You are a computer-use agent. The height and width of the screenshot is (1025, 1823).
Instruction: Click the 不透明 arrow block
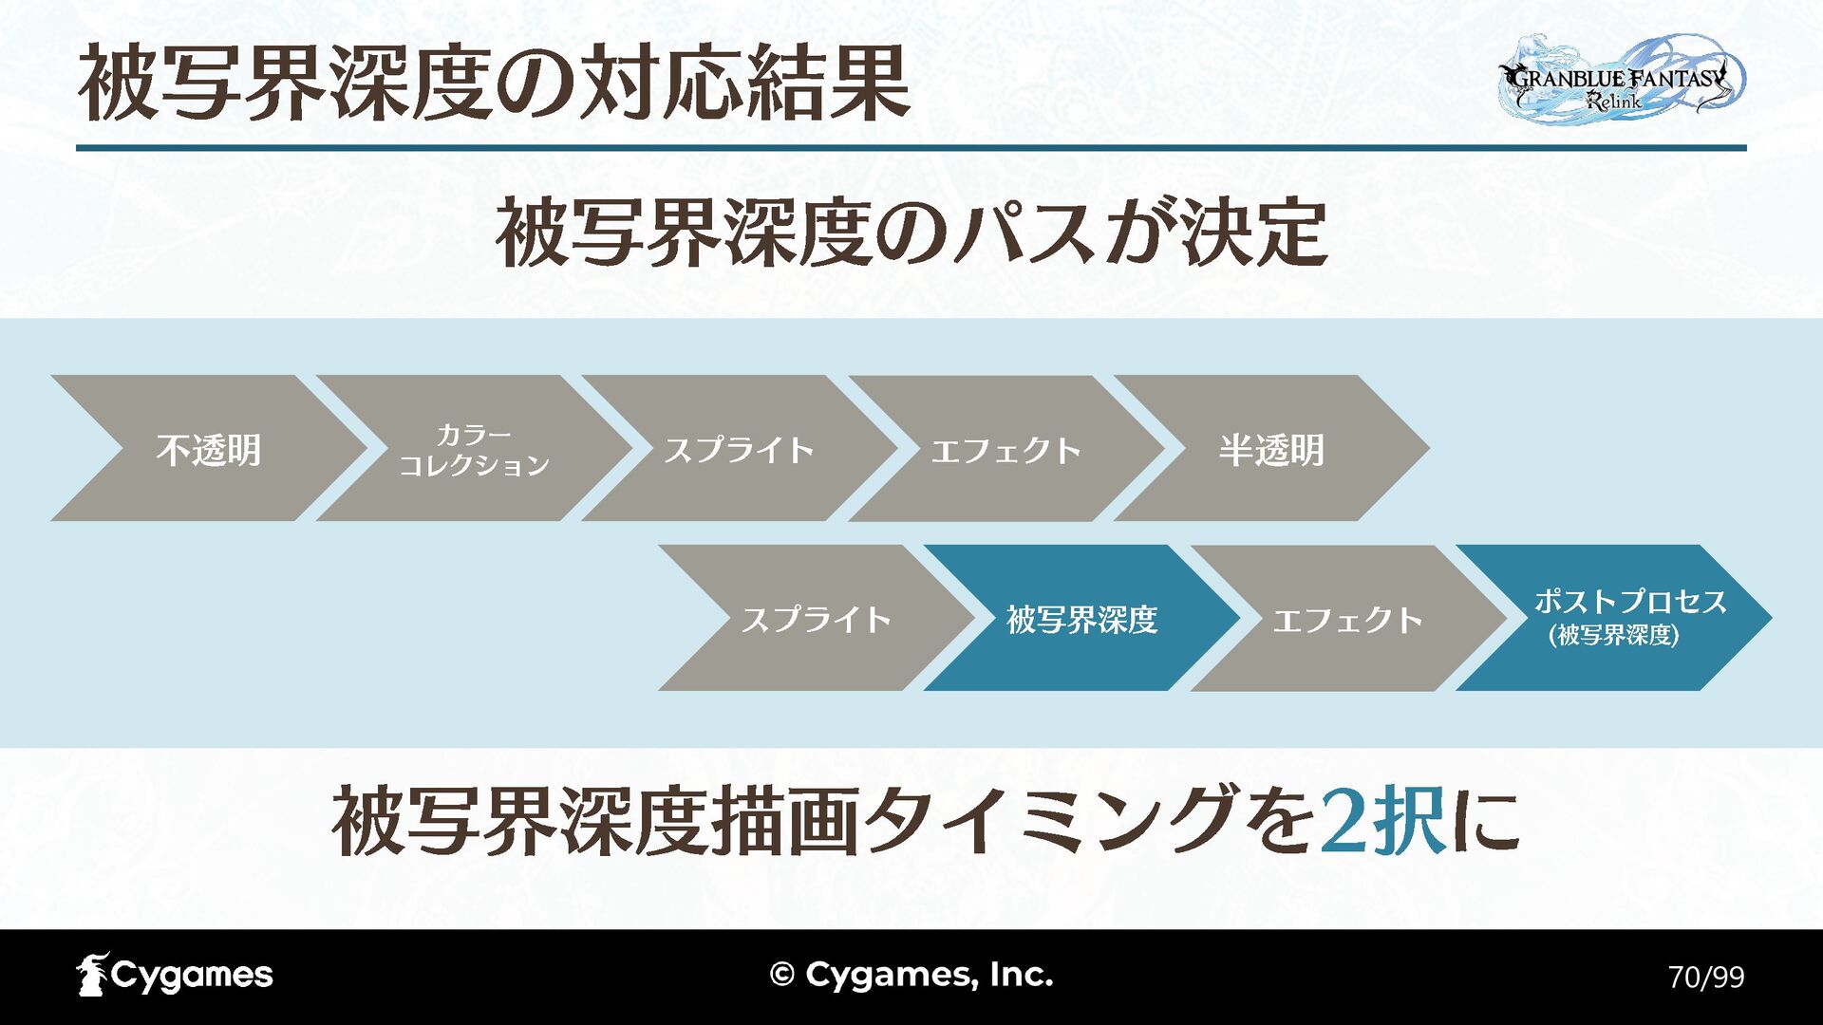(x=209, y=449)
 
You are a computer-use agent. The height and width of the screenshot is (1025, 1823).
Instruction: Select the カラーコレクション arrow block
(x=474, y=449)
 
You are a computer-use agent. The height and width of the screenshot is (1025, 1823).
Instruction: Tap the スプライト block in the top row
(x=740, y=449)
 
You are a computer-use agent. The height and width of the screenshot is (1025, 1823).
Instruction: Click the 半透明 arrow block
(x=1271, y=449)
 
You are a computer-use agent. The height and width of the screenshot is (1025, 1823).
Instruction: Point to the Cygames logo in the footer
(x=175, y=975)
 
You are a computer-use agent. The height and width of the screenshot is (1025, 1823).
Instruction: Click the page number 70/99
(x=1706, y=977)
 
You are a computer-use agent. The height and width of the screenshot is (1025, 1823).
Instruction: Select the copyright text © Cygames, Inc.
(x=911, y=975)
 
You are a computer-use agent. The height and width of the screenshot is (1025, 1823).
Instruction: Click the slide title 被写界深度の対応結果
(x=494, y=85)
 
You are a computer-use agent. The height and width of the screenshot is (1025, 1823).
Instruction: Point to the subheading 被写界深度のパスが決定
(x=911, y=233)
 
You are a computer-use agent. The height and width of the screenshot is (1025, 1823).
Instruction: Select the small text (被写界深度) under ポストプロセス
(x=1613, y=635)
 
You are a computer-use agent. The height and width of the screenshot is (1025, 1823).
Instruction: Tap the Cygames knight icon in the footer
(x=92, y=975)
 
